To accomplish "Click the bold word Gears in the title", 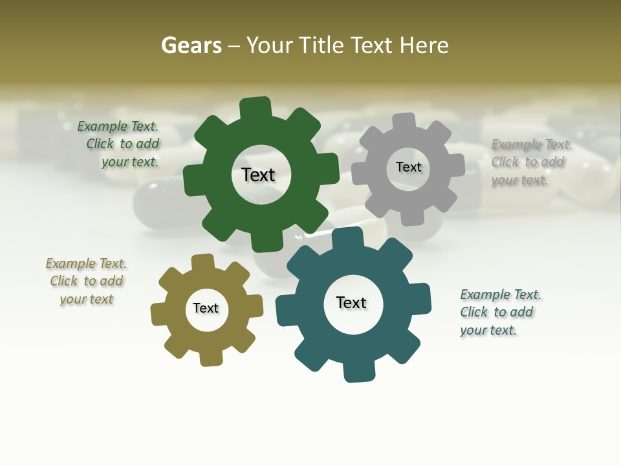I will (190, 45).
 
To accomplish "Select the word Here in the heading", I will (424, 45).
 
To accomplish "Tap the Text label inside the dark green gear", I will (258, 175).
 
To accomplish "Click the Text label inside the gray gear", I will (408, 167).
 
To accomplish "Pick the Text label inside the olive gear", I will (206, 308).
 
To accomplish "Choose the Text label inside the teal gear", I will (351, 302).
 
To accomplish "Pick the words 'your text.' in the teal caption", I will (488, 330).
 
